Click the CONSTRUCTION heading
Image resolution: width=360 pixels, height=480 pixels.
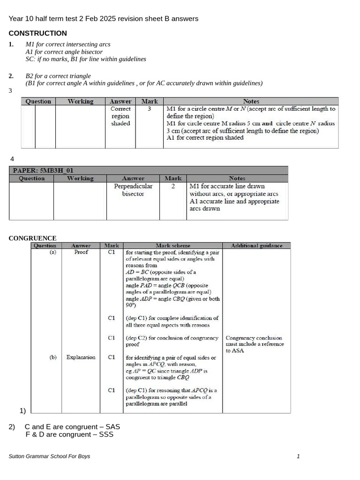pyautogui.click(x=38, y=33)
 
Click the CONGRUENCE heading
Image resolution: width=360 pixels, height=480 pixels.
pyautogui.click(x=32, y=238)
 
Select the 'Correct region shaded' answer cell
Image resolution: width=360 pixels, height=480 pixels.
pyautogui.click(x=120, y=116)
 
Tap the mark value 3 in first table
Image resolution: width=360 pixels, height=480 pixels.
pyautogui.click(x=149, y=109)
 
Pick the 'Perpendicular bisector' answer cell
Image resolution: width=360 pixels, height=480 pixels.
pyautogui.click(x=133, y=190)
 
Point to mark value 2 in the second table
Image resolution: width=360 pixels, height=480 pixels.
pyautogui.click(x=173, y=186)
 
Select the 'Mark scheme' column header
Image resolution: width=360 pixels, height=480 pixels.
pyautogui.click(x=173, y=246)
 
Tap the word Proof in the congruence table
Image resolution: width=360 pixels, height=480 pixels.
pyautogui.click(x=81, y=252)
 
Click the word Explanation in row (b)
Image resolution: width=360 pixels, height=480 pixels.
pyautogui.click(x=81, y=357)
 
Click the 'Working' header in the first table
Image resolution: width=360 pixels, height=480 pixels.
pyautogui.click(x=81, y=101)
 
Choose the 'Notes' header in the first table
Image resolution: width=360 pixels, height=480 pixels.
pyautogui.click(x=251, y=101)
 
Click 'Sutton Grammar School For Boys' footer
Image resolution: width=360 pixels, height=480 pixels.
pyautogui.click(x=50, y=456)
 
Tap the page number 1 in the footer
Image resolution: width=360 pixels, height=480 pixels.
pyautogui.click(x=298, y=456)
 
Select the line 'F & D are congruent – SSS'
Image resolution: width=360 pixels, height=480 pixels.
pyautogui.click(x=69, y=435)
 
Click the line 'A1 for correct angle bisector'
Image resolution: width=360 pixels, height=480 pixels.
pyautogui.click(x=64, y=52)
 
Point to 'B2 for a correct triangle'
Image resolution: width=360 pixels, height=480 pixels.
pyautogui.click(x=58, y=76)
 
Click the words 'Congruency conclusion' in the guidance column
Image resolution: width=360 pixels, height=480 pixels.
pyautogui.click(x=254, y=337)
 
